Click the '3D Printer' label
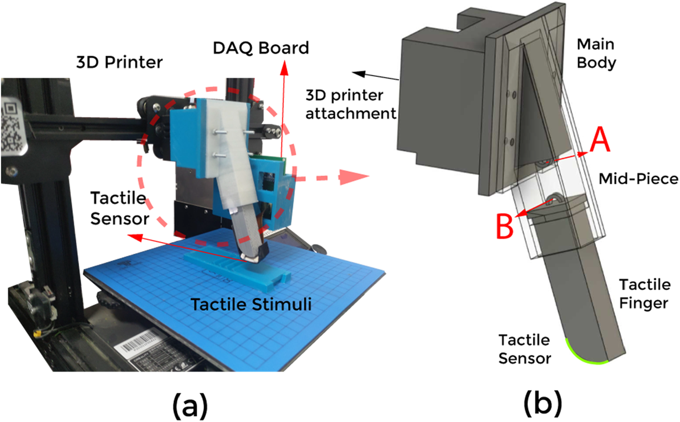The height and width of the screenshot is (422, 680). tap(119, 63)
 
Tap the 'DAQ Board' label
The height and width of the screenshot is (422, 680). tap(261, 48)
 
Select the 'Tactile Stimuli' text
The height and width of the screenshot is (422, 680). tap(251, 305)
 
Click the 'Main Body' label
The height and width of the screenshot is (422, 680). tap(596, 53)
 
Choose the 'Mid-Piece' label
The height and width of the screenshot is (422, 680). tap(638, 179)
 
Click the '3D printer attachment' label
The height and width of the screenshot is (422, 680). tap(350, 104)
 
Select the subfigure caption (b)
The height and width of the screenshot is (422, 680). tap(543, 403)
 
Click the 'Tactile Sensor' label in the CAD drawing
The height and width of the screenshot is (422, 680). tap(525, 349)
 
